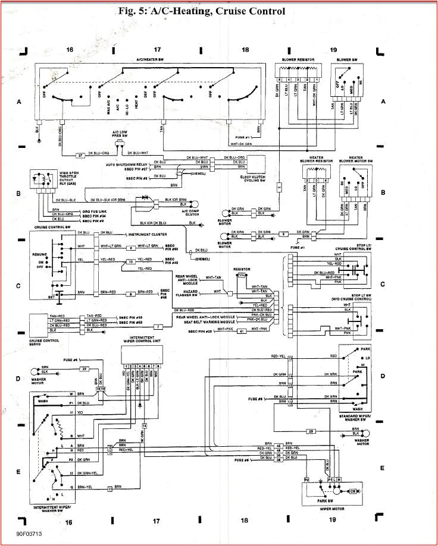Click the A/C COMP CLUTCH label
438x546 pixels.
point(190,213)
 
